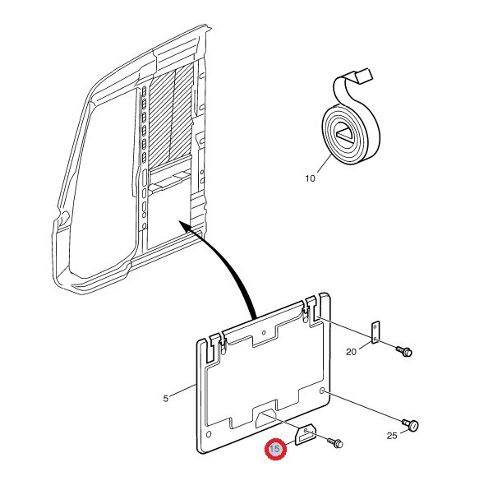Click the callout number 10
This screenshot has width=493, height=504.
coord(310,178)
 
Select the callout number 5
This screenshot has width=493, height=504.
coord(165,399)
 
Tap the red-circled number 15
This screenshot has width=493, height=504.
coord(275,450)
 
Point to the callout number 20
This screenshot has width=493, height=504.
coord(352,351)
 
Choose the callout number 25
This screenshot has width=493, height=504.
coord(392,435)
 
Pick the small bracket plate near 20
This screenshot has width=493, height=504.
coord(376,333)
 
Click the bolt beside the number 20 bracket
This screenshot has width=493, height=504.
coord(403,351)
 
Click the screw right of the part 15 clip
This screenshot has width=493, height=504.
coord(336,443)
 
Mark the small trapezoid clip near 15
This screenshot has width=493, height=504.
coord(306,433)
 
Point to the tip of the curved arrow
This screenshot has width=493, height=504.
coord(182,223)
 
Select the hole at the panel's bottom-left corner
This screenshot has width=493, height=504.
coord(210,433)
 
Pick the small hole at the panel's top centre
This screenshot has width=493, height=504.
coord(263,335)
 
